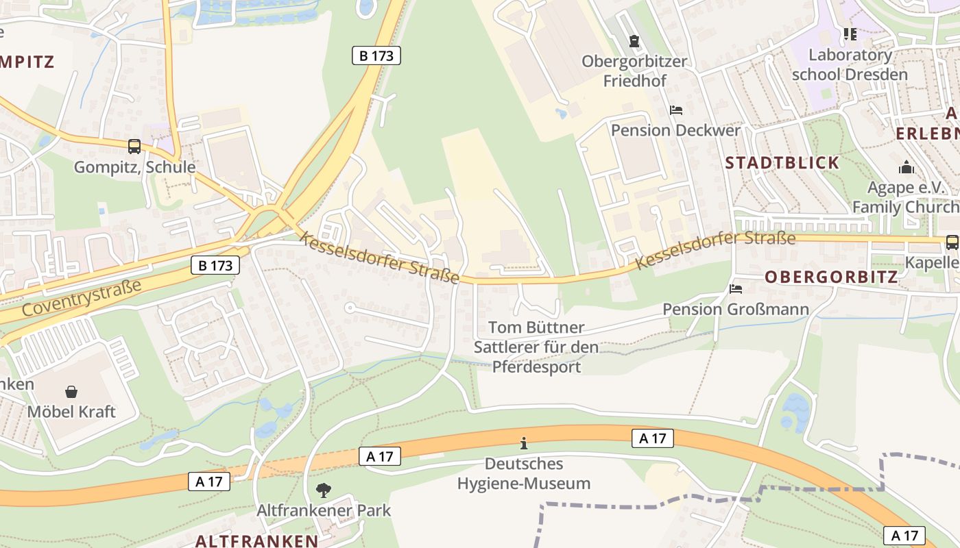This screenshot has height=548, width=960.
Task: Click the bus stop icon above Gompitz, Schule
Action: tap(134, 147)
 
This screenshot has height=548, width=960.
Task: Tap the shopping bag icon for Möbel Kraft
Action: tap(71, 392)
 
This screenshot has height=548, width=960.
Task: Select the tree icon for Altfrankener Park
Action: tap(323, 490)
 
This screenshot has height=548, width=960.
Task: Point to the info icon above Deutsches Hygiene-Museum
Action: tap(524, 443)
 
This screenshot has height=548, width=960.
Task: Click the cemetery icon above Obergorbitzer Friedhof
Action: tap(634, 41)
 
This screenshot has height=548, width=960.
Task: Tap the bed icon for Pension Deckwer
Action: tap(676, 110)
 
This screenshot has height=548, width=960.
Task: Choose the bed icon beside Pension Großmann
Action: tap(736, 289)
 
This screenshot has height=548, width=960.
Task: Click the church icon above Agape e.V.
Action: tap(907, 168)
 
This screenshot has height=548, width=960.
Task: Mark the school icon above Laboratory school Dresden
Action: tap(850, 34)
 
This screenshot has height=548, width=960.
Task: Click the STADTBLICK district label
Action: tap(782, 163)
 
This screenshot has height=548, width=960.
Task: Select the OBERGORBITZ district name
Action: tap(831, 277)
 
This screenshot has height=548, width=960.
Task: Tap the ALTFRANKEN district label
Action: tap(256, 540)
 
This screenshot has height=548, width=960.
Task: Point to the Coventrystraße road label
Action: tap(82, 297)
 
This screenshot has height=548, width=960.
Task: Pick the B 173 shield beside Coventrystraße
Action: tap(215, 265)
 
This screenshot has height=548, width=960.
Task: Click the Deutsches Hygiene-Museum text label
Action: tap(524, 473)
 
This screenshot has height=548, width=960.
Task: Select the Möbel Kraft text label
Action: tap(71, 412)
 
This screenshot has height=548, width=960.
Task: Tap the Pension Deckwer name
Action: tap(675, 130)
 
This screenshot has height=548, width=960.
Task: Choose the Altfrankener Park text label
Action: tap(324, 510)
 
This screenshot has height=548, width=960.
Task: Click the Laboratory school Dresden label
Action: tap(850, 64)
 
